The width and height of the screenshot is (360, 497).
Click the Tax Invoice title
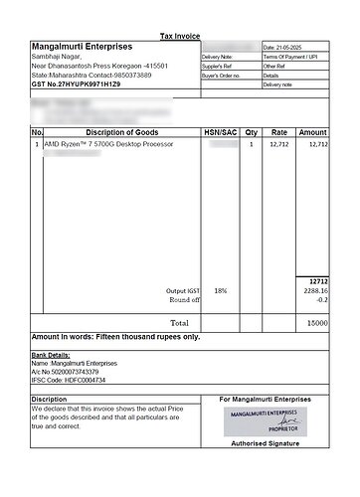click(180, 36)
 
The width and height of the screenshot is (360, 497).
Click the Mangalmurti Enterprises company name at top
click(81, 47)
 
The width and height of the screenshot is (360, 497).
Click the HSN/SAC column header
click(220, 132)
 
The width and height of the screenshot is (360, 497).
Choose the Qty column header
click(251, 132)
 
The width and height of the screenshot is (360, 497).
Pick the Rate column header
click(279, 132)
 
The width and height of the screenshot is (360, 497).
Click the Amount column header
click(312, 132)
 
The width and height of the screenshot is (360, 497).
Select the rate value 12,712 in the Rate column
click(279, 145)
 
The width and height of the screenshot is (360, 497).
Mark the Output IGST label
click(182, 290)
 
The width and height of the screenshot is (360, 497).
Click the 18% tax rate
click(220, 290)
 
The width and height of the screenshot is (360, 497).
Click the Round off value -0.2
click(320, 299)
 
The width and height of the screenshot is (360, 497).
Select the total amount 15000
click(316, 323)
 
